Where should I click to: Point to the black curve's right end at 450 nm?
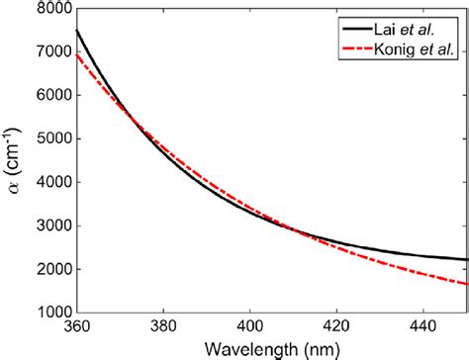pos(467,260)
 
